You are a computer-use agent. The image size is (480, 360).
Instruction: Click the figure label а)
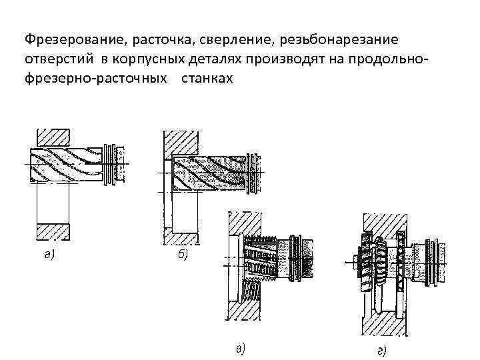[49, 254]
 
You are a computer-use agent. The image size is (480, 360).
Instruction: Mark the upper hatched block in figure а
[53, 136]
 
